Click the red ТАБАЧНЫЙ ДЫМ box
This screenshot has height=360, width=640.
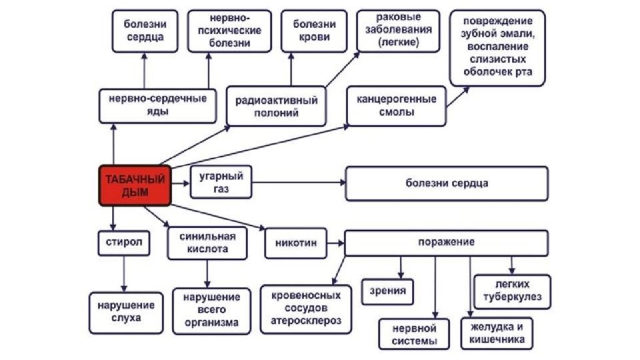[135, 185]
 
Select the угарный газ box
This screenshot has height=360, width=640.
[221, 182]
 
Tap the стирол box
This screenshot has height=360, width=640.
[124, 243]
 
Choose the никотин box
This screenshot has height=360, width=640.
[296, 243]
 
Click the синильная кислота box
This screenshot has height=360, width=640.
[207, 243]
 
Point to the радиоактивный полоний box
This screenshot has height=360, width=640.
[276, 106]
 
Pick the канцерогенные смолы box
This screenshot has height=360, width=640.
[396, 106]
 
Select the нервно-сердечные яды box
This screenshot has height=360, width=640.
[157, 106]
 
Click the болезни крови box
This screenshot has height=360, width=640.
[314, 31]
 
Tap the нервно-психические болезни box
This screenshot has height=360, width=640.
[229, 31]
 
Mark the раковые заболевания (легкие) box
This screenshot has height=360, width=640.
[398, 31]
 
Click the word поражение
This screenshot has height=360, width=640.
[446, 242]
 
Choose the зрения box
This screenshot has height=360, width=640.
[387, 291]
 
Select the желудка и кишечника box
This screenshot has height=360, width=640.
[497, 334]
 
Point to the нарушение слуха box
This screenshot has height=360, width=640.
[126, 312]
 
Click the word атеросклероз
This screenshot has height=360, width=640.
[306, 321]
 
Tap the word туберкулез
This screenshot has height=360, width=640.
[512, 297]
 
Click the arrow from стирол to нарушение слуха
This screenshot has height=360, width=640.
[124, 274]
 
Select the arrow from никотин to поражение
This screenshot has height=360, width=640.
[336, 243]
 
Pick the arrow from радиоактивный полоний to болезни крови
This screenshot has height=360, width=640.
[291, 69]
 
